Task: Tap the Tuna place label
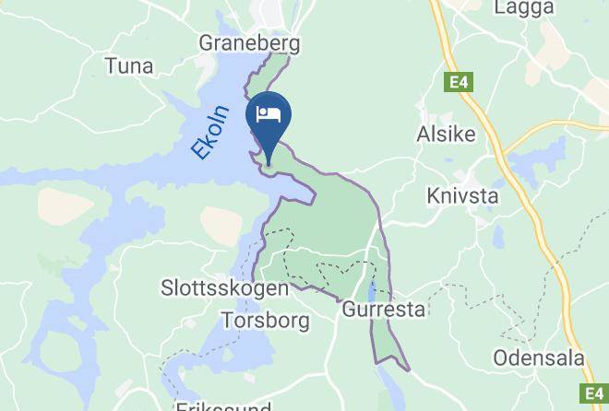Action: click(x=129, y=66)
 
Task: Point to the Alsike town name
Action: click(x=447, y=134)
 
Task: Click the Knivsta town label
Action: click(x=462, y=195)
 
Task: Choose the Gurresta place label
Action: click(x=384, y=310)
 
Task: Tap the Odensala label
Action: click(x=534, y=358)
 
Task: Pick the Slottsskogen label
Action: click(x=225, y=288)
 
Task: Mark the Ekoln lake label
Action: click(x=208, y=135)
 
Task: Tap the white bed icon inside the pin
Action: click(x=269, y=115)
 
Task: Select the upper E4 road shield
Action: click(x=459, y=83)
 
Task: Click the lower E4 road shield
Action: click(x=593, y=393)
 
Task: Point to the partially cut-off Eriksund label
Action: click(x=224, y=405)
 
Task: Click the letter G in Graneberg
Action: click(x=208, y=42)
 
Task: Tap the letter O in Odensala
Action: click(x=500, y=358)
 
